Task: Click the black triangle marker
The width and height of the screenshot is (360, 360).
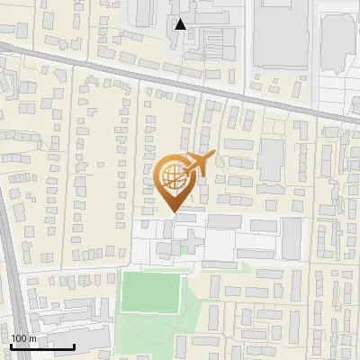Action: pos(181,24)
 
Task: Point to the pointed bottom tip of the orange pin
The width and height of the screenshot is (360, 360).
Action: pos(174,211)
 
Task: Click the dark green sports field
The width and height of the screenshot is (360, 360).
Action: pos(151,291)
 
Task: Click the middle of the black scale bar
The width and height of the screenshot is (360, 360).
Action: pos(42,346)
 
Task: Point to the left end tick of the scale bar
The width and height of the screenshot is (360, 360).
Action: pos(11,346)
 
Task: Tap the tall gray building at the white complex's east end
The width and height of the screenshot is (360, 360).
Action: pos(292,237)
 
